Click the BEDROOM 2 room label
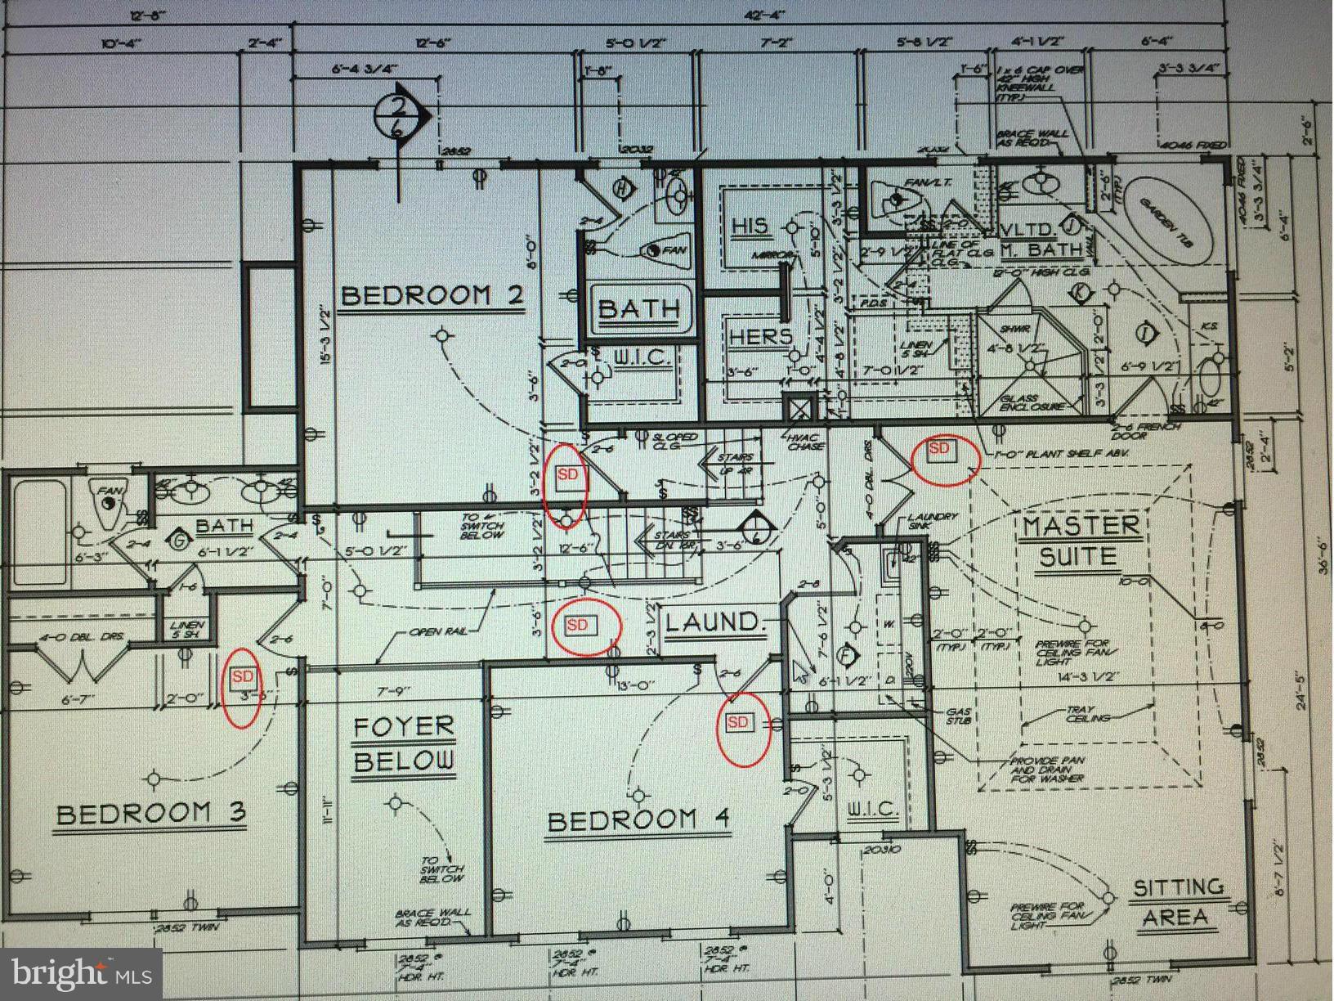(431, 294)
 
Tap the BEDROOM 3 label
(151, 814)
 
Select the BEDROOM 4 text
(638, 819)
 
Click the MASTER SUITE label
(1079, 541)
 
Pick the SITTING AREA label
(1177, 902)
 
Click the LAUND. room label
(714, 622)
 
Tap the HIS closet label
(750, 226)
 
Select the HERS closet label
(760, 336)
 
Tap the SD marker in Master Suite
(939, 448)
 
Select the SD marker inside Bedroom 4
(737, 721)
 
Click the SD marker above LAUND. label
(577, 625)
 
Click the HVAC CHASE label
(804, 442)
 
